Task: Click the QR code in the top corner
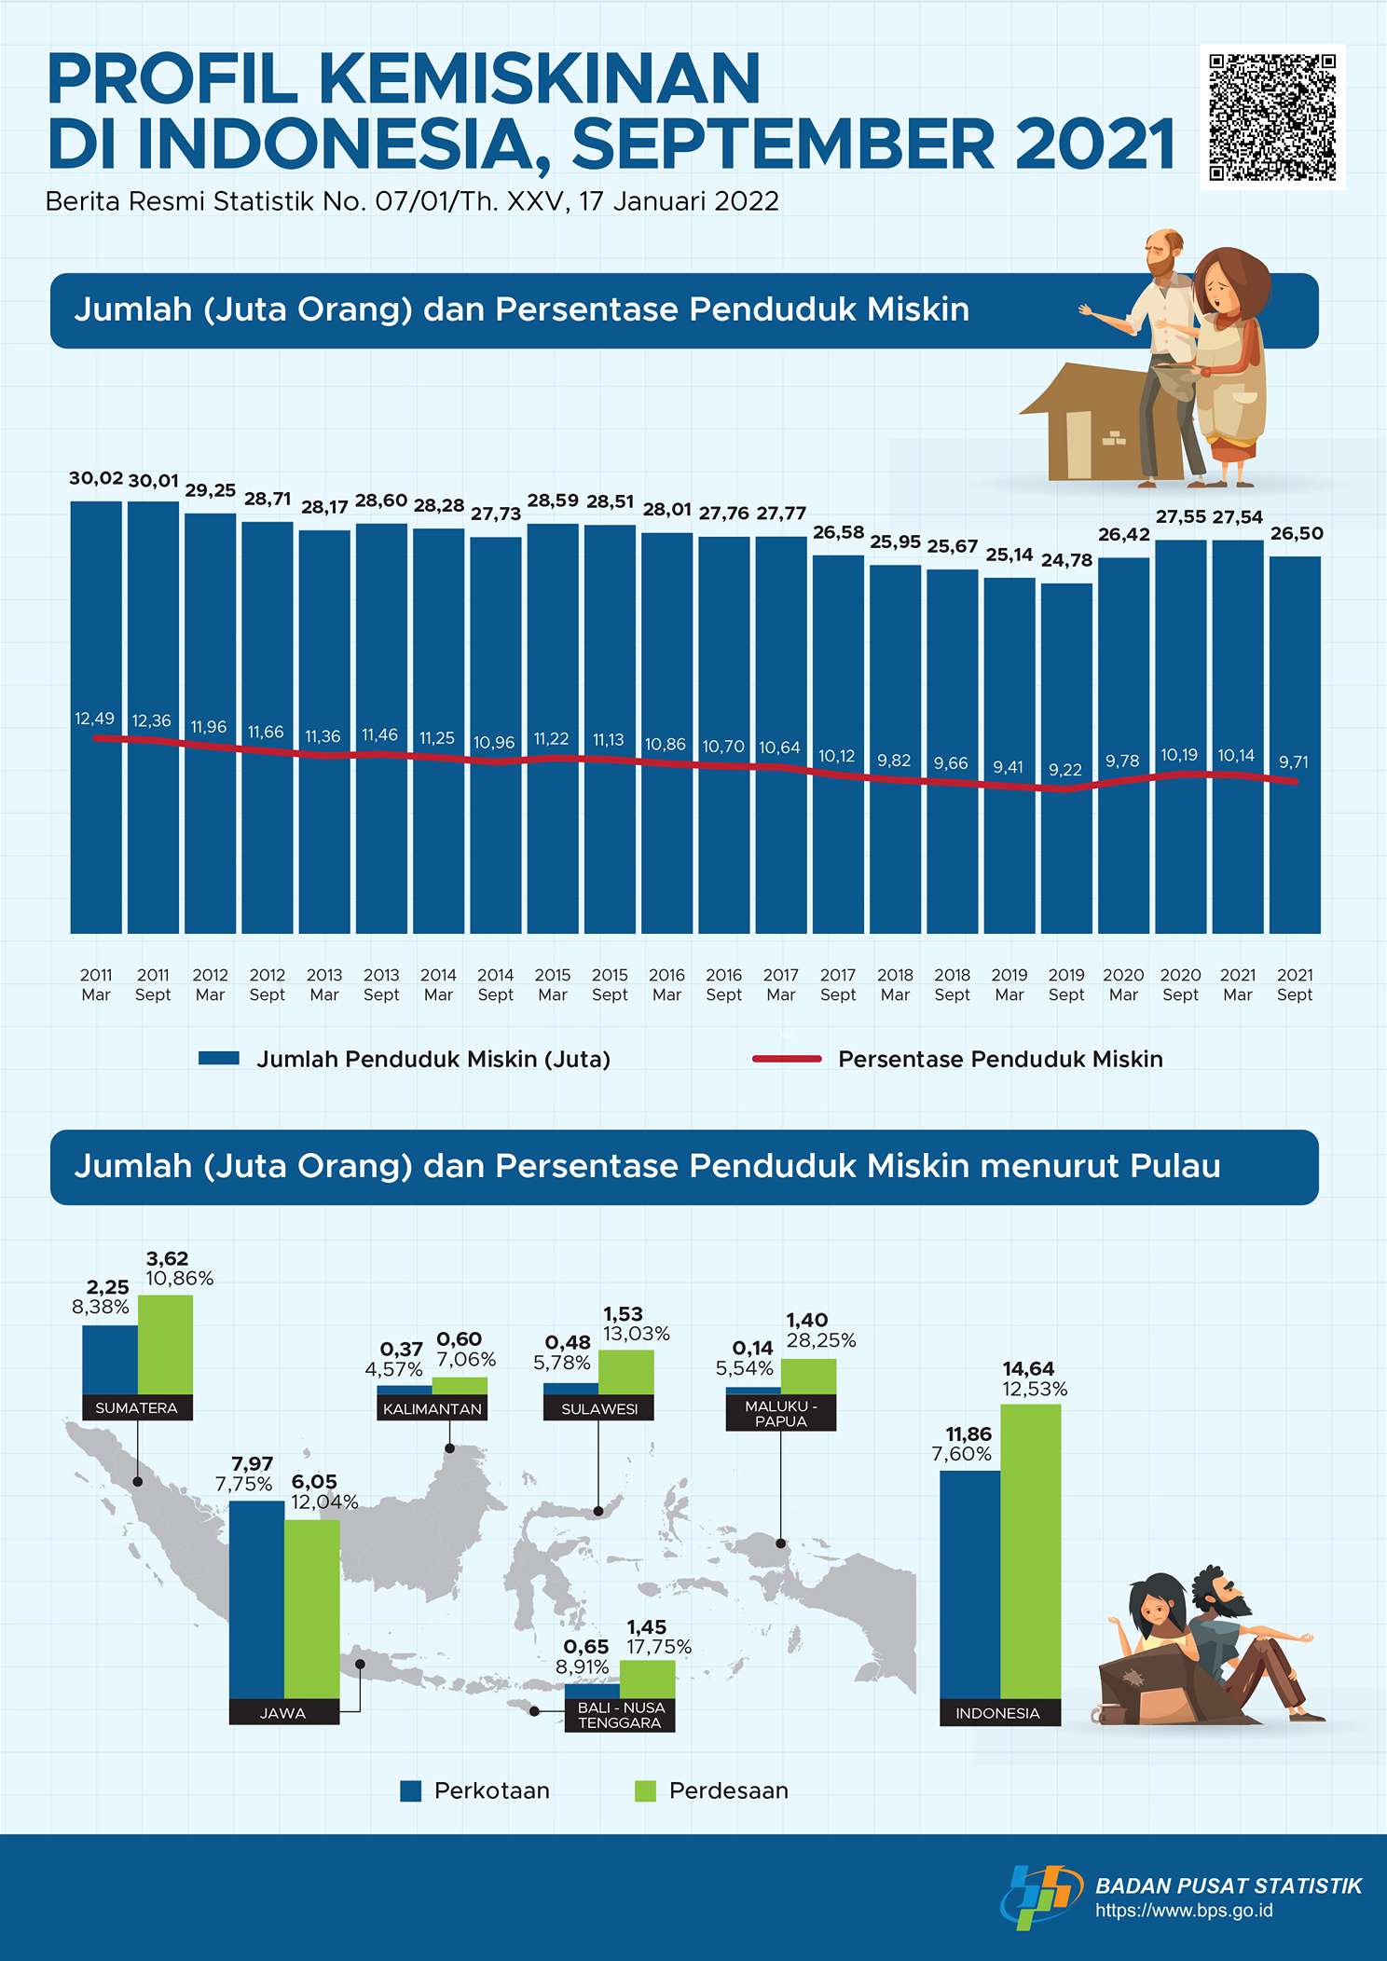pyautogui.click(x=1272, y=117)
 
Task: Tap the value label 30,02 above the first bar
pyautogui.click(x=96, y=478)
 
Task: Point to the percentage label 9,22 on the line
pyautogui.click(x=1065, y=770)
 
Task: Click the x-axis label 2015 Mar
pyautogui.click(x=553, y=984)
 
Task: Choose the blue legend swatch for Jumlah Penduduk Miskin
pyautogui.click(x=219, y=1059)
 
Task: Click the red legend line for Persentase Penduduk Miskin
pyautogui.click(x=787, y=1059)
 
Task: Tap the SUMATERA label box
pyautogui.click(x=137, y=1408)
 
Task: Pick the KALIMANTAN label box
pyautogui.click(x=432, y=1409)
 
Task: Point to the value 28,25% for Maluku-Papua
pyautogui.click(x=821, y=1340)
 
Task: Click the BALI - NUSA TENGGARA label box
pyautogui.click(x=620, y=1715)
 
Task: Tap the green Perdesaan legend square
pyautogui.click(x=645, y=1790)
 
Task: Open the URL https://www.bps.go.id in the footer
pyautogui.click(x=1184, y=1911)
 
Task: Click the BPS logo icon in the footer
pyautogui.click(x=1040, y=1896)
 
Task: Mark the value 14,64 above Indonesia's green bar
pyautogui.click(x=1028, y=1368)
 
